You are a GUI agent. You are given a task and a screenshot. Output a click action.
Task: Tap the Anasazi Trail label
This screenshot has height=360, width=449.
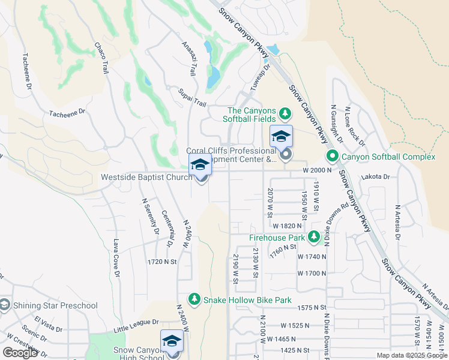(188, 59)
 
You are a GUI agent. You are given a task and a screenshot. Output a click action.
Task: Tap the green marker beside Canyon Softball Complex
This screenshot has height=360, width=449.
(333, 157)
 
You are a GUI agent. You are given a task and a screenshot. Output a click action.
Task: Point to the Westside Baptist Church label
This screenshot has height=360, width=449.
(146, 177)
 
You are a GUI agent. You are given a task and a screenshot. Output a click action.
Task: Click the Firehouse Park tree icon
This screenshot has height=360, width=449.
(313, 237)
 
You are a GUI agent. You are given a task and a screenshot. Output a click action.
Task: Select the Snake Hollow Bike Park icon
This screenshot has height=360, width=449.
(194, 299)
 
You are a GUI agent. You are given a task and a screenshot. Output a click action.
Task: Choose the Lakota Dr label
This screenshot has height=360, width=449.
(376, 177)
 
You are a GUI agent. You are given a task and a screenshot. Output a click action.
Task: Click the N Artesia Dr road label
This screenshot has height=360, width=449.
(397, 221)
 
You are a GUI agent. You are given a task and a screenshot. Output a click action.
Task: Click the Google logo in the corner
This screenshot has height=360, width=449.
(20, 352)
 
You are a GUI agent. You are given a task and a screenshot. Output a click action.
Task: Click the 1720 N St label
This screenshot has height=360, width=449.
(162, 262)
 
